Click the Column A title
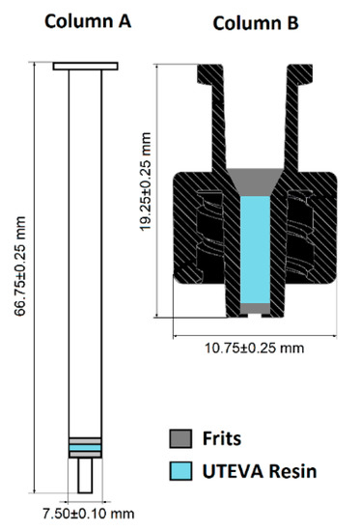click(x=88, y=21)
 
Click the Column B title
click(x=256, y=23)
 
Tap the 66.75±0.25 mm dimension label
click(x=20, y=266)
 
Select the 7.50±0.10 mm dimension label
click(x=89, y=514)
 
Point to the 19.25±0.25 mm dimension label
click(x=146, y=182)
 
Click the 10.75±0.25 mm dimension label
click(x=255, y=348)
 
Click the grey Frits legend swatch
click(x=180, y=438)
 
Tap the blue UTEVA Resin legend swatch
click(x=180, y=471)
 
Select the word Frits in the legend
click(x=222, y=438)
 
